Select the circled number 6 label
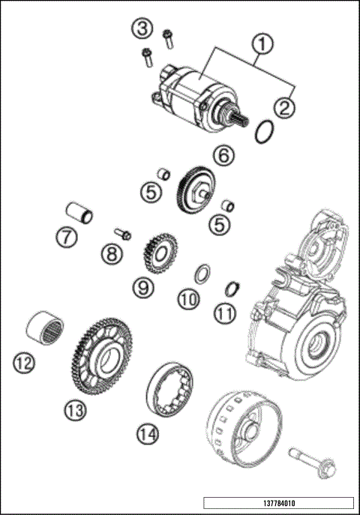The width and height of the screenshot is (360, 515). coord(223,156)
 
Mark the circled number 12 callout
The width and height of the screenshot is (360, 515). coord(24,364)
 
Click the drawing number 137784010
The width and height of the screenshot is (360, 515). coord(277,502)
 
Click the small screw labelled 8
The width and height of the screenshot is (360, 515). coord(124,235)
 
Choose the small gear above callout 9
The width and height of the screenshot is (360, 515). coord(159,253)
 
